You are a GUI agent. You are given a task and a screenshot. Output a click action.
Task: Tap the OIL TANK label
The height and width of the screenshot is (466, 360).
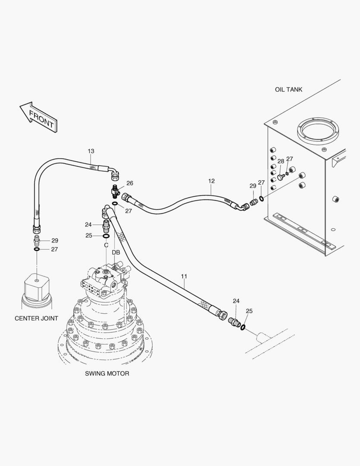coord(288,90)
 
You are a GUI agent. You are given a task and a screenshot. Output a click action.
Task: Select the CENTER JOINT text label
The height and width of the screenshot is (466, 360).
coord(36,318)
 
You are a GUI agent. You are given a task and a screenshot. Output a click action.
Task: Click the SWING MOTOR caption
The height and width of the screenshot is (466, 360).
coord(107,373)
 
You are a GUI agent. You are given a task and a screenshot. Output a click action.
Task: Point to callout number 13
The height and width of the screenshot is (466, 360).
coord(91,151)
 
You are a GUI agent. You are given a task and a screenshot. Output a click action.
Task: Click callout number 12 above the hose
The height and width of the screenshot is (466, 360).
coord(211,181)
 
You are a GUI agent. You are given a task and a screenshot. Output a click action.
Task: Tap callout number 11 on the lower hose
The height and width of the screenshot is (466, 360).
coord(184,275)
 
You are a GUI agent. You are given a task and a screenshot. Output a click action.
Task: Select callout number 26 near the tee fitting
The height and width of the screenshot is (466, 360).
coord(129,183)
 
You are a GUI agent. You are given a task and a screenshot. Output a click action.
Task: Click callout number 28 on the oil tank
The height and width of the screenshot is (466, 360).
coord(281,161)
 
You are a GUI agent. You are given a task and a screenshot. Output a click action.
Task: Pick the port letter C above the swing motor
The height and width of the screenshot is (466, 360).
coord(106,245)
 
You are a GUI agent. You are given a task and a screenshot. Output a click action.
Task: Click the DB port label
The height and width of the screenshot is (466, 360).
coord(116,252)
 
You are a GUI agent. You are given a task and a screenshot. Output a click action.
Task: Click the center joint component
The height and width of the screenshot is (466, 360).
coord(37,289)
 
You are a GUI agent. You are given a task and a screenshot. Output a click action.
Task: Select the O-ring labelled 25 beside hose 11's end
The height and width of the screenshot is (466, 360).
coord(244,327)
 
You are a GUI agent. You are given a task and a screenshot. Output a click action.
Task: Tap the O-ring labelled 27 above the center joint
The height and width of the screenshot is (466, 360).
coord(37,249)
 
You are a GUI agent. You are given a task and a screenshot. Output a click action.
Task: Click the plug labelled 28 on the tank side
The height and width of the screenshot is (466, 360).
coord(280,177)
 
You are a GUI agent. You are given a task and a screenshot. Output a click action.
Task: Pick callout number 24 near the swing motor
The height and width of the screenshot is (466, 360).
coord(88,224)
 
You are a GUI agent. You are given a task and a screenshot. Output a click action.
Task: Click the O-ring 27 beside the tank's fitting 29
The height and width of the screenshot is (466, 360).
coord(261,198)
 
